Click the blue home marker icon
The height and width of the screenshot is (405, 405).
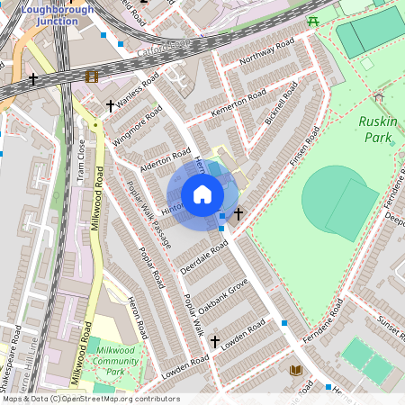coord(202,194)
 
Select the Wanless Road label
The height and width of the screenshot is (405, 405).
coord(132,92)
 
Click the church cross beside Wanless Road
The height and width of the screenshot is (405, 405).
coord(111,106)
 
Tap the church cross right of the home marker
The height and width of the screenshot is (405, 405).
coord(238,214)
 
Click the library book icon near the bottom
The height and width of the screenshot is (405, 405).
coord(295,370)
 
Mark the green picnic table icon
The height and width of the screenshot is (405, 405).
coord(312,21)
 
